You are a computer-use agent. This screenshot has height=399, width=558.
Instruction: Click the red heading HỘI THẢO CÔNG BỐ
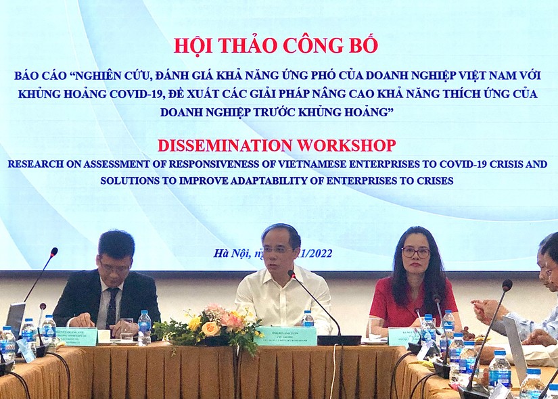(275, 46)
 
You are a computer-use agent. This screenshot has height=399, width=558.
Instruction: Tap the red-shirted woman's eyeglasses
(415, 252)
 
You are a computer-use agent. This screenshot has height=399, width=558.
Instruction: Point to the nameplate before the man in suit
(76, 336)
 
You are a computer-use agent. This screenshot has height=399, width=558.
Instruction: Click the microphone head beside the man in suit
(53, 252)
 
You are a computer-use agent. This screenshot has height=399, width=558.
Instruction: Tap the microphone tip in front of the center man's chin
(292, 275)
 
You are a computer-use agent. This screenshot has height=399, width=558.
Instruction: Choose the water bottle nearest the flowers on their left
(144, 327)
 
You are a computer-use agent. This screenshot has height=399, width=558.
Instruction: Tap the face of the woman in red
(415, 256)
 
